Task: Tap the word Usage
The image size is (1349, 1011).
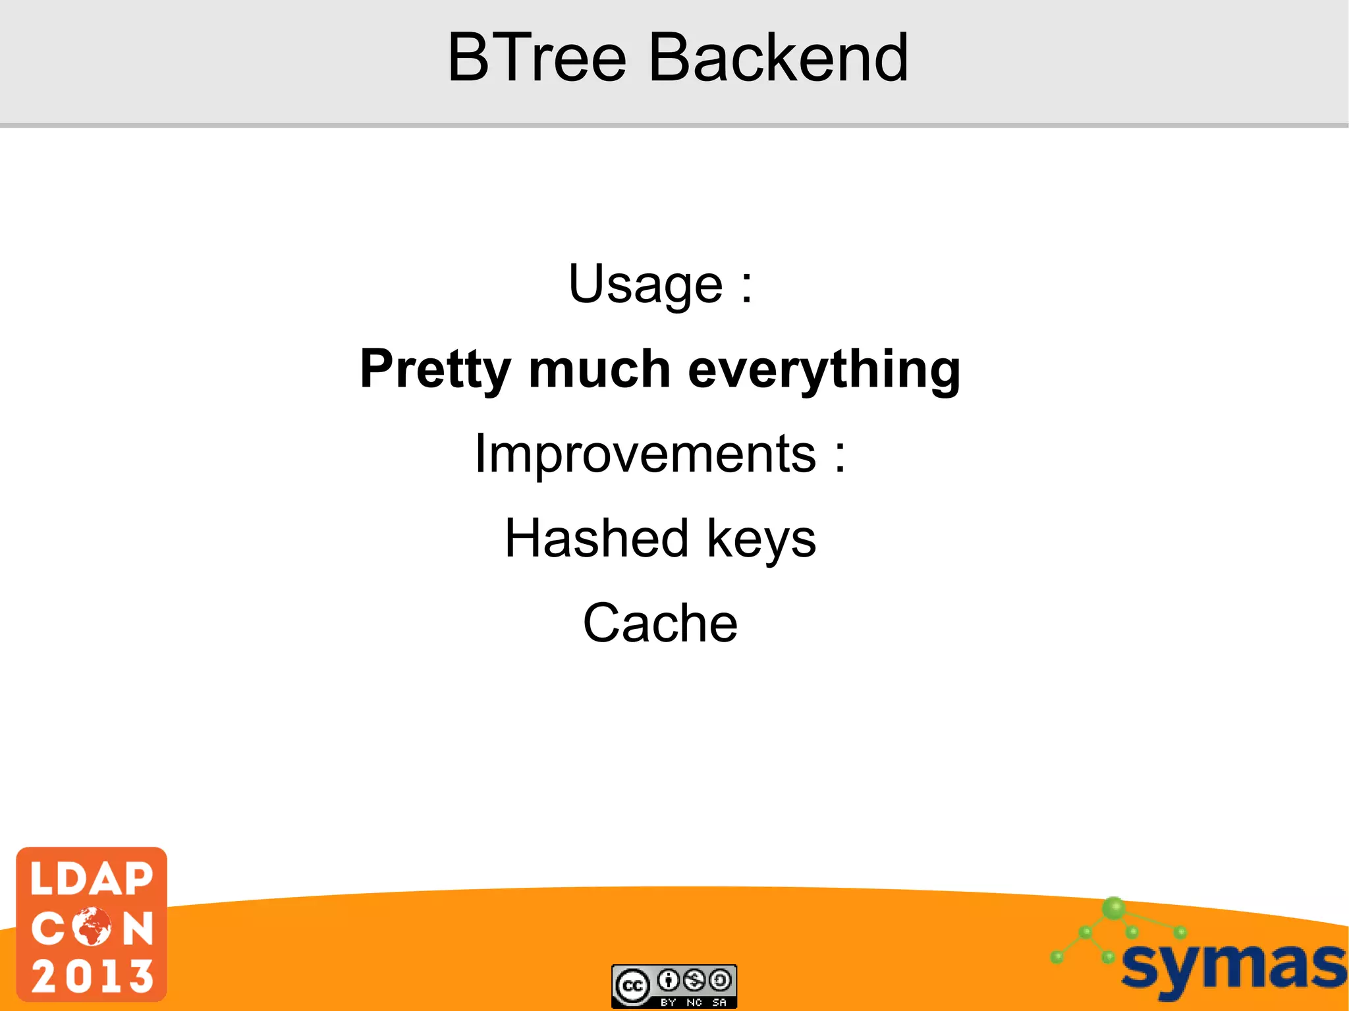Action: click(x=646, y=285)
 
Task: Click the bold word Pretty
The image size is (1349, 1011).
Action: click(x=435, y=369)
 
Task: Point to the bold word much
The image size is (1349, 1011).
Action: click(x=599, y=369)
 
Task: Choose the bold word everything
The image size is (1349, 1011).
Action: click(x=824, y=369)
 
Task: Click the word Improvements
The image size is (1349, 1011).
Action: click(x=646, y=454)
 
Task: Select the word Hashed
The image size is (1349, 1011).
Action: click(x=597, y=538)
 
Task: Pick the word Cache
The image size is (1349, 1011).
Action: click(x=660, y=623)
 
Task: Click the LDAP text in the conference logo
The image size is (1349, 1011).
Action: click(x=92, y=879)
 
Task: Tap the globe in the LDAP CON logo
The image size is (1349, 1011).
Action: click(x=92, y=927)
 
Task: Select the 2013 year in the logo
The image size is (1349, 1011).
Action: click(x=92, y=975)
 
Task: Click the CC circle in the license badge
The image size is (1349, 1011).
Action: click(x=633, y=986)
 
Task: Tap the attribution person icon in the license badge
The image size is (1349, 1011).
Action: click(x=668, y=981)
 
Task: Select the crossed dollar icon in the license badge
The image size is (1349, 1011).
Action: click(x=694, y=981)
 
